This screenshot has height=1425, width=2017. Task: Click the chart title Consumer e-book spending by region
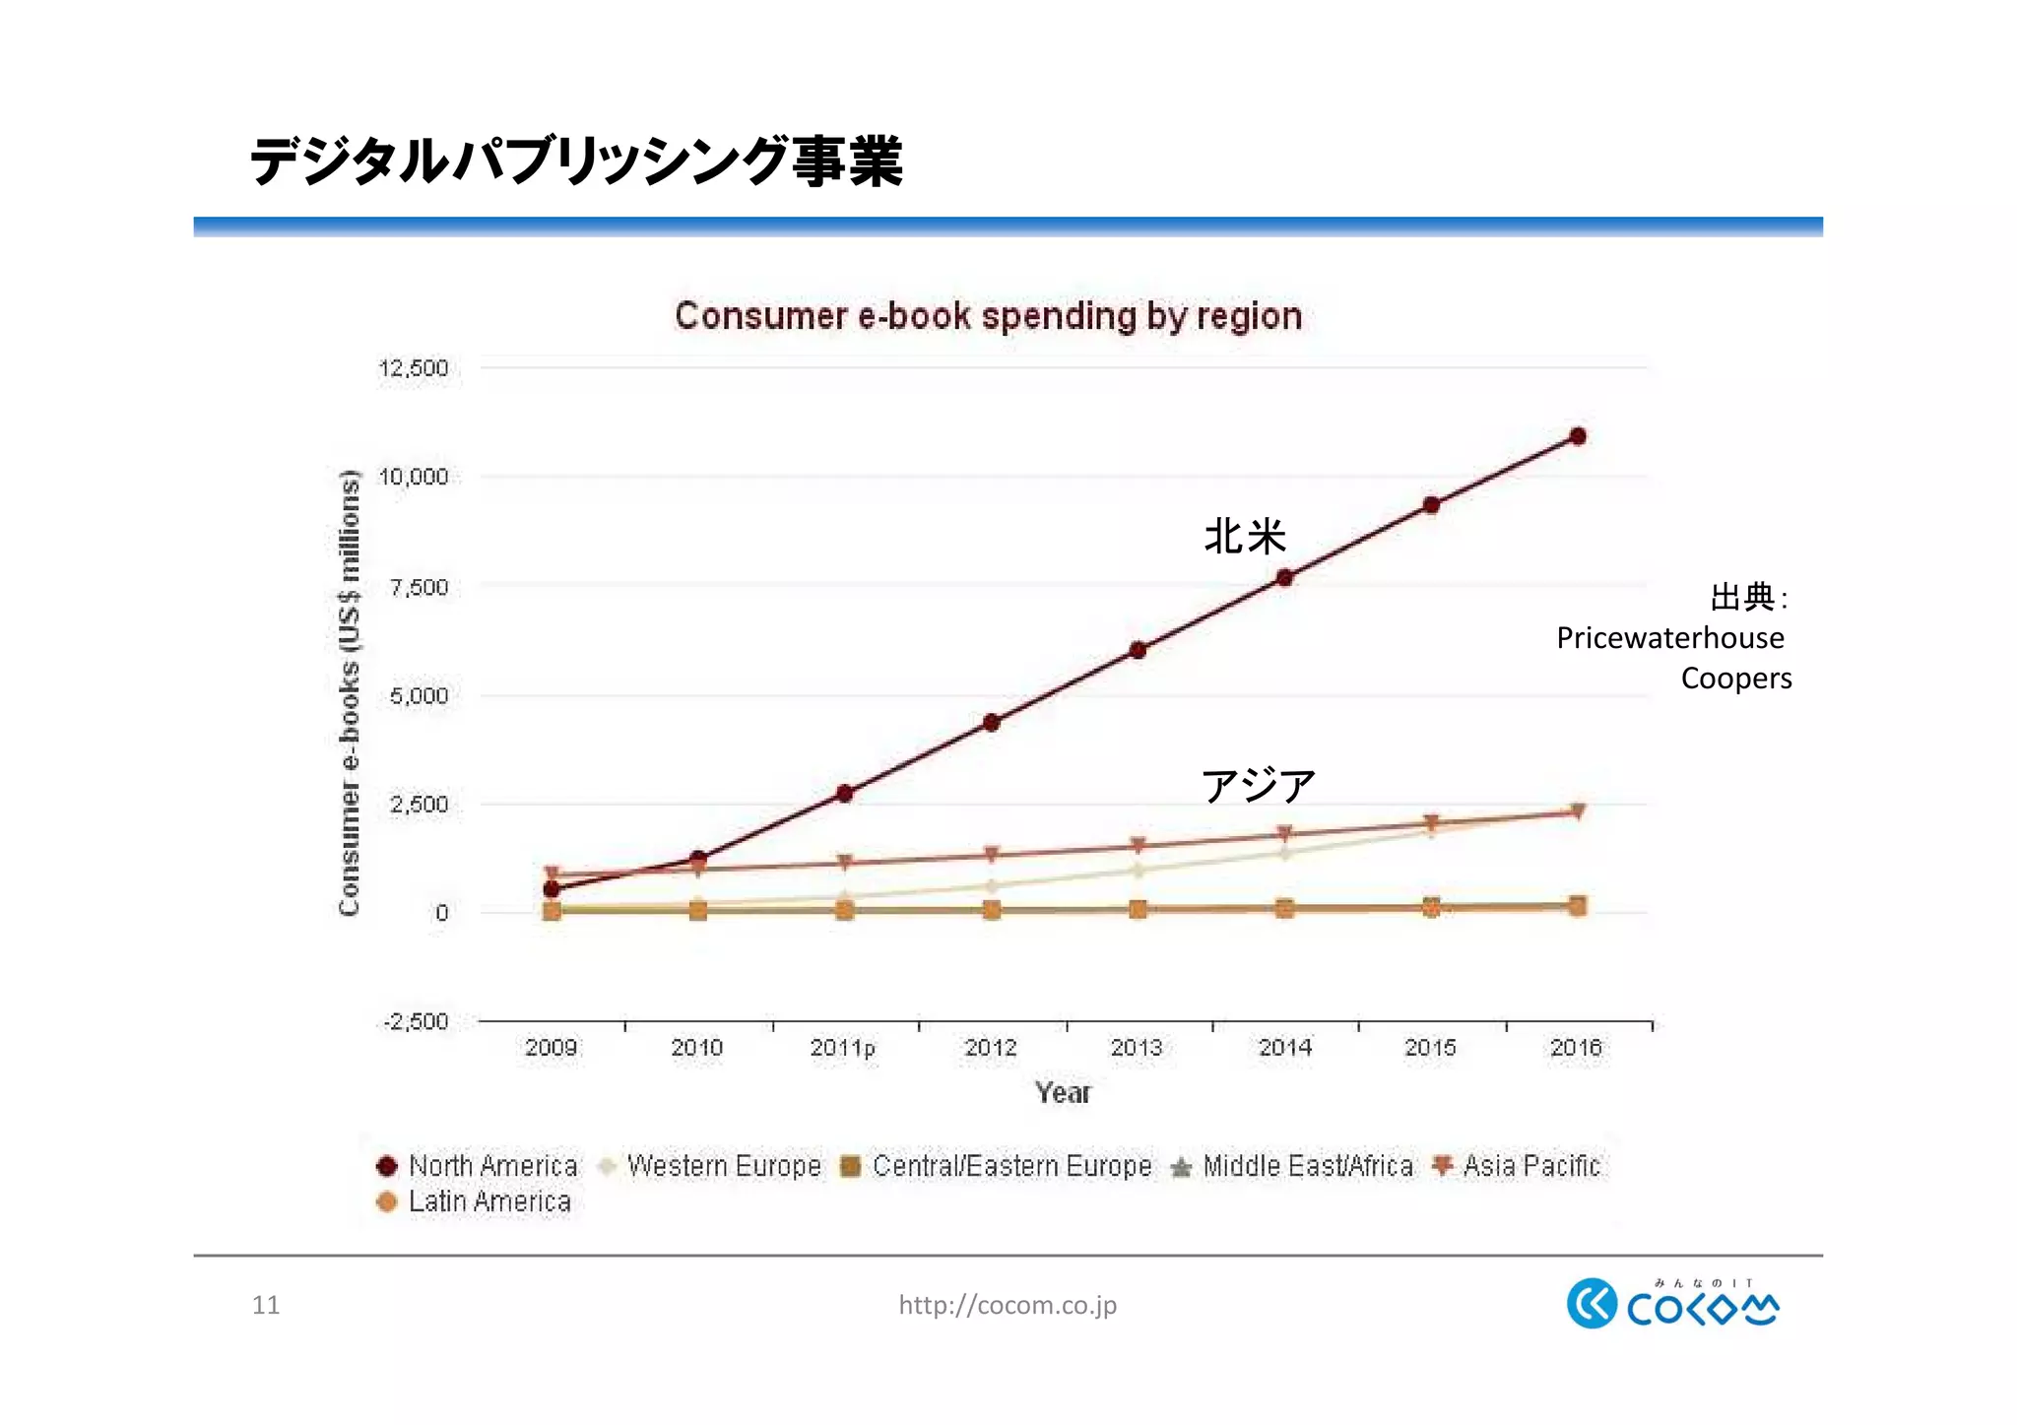click(x=988, y=316)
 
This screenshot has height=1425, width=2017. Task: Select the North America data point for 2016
click(x=1577, y=436)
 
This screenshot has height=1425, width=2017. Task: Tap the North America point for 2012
click(x=992, y=723)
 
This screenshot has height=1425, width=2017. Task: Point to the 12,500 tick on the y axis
click(x=414, y=368)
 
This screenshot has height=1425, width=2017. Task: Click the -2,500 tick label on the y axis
click(x=417, y=1021)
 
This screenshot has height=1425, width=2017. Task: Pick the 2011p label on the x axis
click(x=842, y=1048)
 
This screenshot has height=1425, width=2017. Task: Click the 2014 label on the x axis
click(x=1284, y=1048)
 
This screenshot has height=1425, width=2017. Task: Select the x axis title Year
click(x=1063, y=1092)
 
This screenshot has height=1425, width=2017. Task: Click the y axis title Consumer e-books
click(x=349, y=693)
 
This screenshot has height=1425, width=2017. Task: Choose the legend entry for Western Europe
click(x=724, y=1166)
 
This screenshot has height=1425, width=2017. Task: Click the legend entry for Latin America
click(x=489, y=1201)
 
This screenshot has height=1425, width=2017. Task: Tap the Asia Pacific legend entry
click(x=1530, y=1166)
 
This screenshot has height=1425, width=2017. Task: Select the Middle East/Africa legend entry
click(x=1307, y=1166)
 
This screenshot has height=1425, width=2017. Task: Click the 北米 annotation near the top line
click(x=1245, y=538)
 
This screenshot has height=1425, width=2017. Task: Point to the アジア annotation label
click(x=1258, y=786)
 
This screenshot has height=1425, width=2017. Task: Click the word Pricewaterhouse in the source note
click(x=1669, y=638)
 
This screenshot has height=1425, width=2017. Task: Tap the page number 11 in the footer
click(x=266, y=1305)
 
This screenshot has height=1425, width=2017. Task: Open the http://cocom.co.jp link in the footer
click(x=1007, y=1305)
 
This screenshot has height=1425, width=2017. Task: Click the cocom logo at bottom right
click(x=1672, y=1304)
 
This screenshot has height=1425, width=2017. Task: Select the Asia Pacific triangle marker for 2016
click(x=1577, y=812)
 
